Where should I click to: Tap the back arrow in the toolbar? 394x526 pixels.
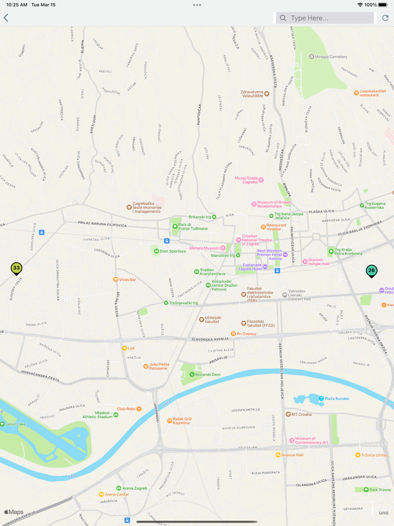tap(6, 18)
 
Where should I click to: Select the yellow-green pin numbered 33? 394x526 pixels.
tap(16, 269)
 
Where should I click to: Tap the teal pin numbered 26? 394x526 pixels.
tap(371, 271)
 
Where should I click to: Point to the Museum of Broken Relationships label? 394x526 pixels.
tap(274, 204)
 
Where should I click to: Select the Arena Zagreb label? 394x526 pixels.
tap(135, 488)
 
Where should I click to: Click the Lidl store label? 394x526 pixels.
tap(130, 349)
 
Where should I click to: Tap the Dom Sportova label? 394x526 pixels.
tap(172, 251)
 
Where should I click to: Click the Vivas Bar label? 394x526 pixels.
tap(127, 279)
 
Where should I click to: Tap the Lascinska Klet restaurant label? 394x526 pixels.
tap(372, 93)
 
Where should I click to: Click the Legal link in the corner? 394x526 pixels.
tap(383, 512)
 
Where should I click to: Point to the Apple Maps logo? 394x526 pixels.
tap(14, 512)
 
